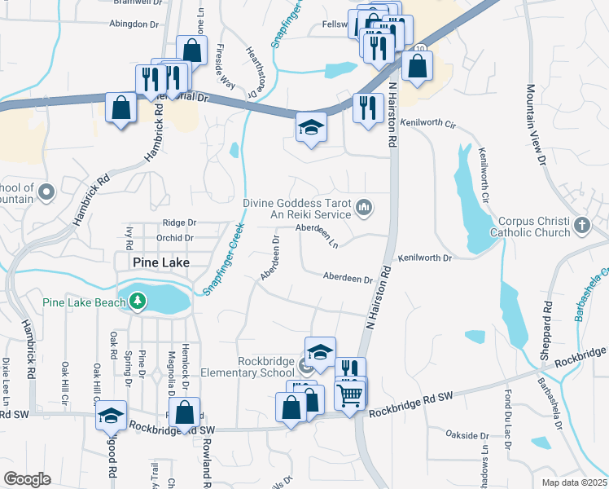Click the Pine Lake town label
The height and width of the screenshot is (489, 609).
click(162, 262)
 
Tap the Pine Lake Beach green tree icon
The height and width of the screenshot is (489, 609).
click(138, 302)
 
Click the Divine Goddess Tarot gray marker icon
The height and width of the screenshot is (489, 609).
click(364, 209)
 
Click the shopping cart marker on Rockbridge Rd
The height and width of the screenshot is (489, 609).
click(349, 396)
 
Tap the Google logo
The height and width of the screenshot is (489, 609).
click(27, 479)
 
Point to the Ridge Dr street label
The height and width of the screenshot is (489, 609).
click(179, 222)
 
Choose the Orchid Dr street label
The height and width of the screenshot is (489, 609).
click(177, 238)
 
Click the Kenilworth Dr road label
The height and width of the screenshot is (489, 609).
click(424, 258)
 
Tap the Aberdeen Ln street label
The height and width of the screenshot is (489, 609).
click(318, 233)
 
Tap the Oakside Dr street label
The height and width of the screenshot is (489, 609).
click(462, 436)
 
